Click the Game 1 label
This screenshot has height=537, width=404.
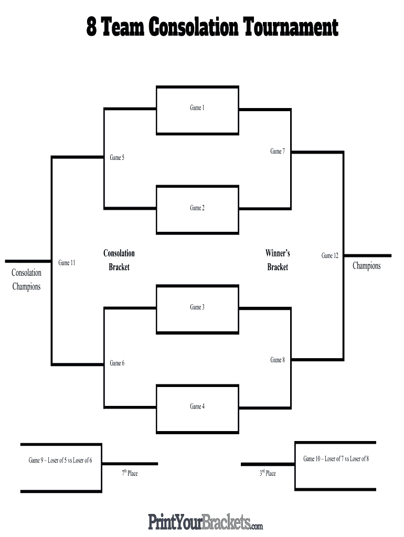197,108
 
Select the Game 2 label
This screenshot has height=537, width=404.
197,208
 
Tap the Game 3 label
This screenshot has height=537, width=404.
197,307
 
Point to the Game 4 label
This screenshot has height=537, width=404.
197,406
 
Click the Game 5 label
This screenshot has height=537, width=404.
117,158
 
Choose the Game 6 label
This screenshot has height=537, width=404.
117,363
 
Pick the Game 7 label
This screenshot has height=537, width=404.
278,152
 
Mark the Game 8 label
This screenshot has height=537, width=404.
278,360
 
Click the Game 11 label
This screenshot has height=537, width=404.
67,263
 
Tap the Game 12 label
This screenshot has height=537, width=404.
329,256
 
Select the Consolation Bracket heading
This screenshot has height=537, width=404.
119,260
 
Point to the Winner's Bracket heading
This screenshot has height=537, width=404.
278,260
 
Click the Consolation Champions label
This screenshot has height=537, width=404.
26,280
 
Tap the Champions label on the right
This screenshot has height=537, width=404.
366,266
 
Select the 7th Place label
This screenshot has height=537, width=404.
130,474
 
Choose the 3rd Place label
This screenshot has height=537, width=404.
267,474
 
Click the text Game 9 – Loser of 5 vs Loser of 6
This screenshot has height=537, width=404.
60,460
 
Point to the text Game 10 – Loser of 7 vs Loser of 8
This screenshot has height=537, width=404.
336,459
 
